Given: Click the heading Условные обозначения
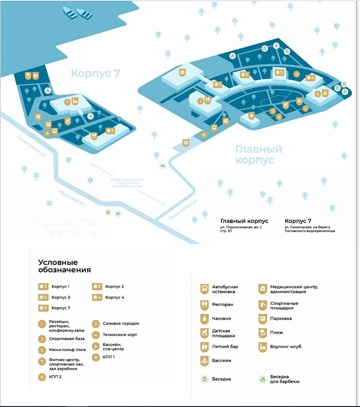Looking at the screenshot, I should point(64,266).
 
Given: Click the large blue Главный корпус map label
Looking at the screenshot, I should point(258,154).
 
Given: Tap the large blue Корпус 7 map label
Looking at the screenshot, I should point(95,73).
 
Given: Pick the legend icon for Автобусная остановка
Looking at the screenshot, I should point(204,289).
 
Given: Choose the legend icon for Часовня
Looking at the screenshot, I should point(204,318).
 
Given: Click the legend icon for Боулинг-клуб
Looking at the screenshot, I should point(263,346).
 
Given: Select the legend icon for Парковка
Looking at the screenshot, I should point(263,318).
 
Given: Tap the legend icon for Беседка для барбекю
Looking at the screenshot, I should point(263,379).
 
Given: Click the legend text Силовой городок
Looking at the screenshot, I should point(121,324).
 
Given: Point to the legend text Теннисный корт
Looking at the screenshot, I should point(119,335).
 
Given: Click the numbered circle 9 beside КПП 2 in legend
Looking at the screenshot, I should point(42,377).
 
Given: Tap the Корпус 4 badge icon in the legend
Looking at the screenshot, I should point(97,297).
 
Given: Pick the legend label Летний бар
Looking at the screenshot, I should point(223,346).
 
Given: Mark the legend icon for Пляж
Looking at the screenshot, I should point(263,332).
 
